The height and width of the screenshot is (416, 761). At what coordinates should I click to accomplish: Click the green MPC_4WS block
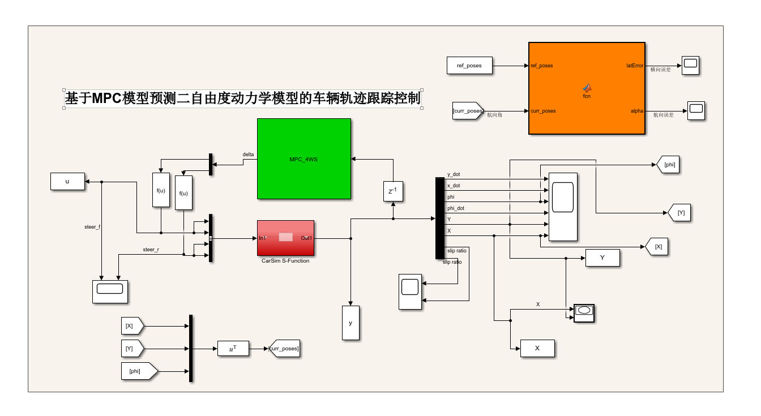[303, 158]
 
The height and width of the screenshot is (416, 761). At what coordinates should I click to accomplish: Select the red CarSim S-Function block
[285, 238]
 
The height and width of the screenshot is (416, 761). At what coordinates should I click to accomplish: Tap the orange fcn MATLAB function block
[587, 88]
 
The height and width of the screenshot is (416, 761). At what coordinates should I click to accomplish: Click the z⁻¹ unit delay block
[393, 191]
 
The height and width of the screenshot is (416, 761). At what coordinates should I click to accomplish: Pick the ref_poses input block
[469, 66]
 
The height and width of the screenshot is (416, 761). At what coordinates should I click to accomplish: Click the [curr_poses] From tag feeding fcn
[467, 111]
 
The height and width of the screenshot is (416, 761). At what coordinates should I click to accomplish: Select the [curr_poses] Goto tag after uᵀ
[284, 349]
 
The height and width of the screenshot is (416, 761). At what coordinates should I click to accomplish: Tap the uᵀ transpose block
[233, 349]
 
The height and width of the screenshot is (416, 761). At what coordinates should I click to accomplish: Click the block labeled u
[67, 182]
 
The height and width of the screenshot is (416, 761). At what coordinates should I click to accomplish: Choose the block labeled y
[350, 323]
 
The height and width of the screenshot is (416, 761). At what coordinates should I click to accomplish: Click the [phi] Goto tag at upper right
[668, 165]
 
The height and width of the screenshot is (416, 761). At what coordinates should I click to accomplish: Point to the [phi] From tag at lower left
[138, 371]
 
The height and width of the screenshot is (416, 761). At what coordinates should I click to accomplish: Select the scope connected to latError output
[690, 65]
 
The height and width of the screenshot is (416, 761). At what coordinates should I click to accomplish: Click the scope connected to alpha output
[696, 110]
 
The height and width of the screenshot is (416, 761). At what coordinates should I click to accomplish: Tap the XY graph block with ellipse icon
[584, 312]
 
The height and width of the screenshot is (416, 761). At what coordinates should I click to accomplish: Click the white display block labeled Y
[602, 258]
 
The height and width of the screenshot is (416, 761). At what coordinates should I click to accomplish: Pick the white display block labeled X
[537, 349]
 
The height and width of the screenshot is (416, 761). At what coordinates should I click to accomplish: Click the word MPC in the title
[107, 98]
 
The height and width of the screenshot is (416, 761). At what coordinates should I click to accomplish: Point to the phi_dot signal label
[456, 208]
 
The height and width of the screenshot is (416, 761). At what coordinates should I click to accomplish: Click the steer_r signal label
[151, 249]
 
